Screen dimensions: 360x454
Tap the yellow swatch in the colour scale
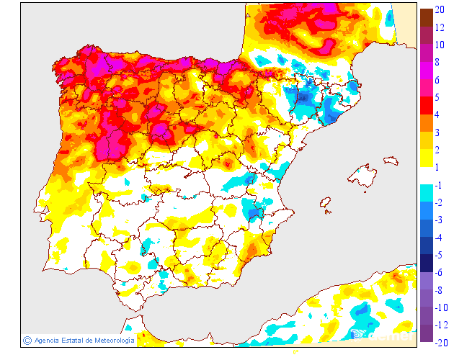[427, 158]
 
